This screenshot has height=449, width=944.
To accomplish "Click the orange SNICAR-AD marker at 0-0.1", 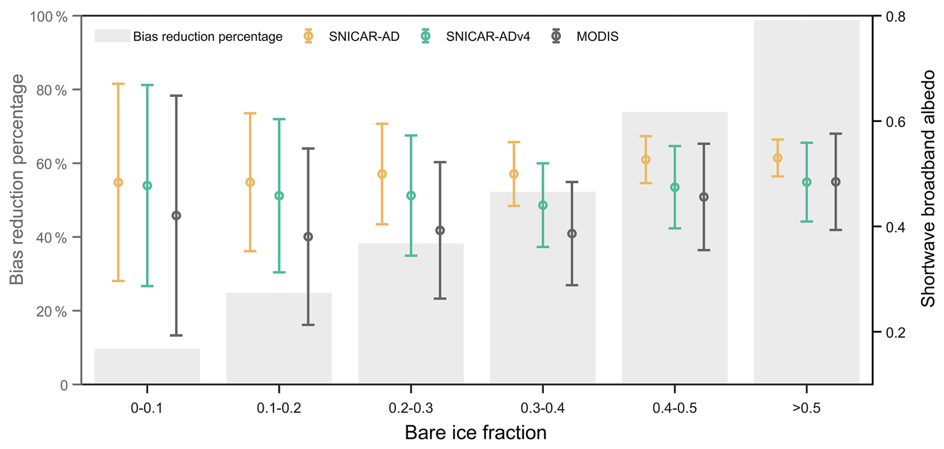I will pos(118,182).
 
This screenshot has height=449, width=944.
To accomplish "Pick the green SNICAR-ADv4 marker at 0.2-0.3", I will pos(411,196).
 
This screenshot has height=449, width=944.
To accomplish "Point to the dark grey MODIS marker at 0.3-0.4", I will pos(572,234).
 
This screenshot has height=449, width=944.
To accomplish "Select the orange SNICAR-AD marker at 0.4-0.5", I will pos(646,160).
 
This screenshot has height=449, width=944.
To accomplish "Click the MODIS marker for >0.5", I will pos(836,182).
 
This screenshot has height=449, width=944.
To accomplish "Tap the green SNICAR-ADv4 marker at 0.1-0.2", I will pos(279,196).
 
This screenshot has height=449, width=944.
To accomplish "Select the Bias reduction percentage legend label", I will pos(208,36).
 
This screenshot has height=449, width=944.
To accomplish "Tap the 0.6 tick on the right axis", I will pos(895,122).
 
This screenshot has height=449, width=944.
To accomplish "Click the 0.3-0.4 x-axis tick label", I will pos(542,408).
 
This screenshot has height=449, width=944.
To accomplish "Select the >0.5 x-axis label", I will pos(806,408).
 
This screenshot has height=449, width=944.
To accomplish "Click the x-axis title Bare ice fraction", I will pos(475,433).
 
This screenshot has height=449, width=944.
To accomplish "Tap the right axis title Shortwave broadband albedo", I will pos(928,188).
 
